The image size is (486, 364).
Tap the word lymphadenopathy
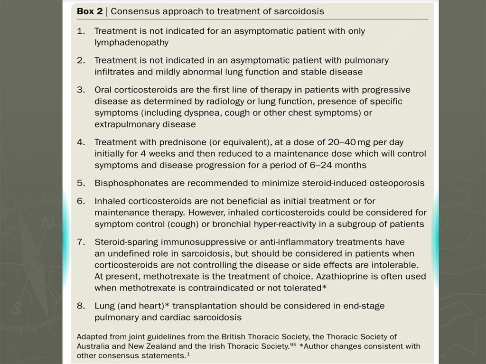click(x=131, y=42)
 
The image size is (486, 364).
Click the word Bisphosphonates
click(x=126, y=183)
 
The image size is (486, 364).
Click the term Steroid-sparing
click(x=125, y=242)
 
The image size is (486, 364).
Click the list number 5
click(x=80, y=183)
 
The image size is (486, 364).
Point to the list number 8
click(x=80, y=306)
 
